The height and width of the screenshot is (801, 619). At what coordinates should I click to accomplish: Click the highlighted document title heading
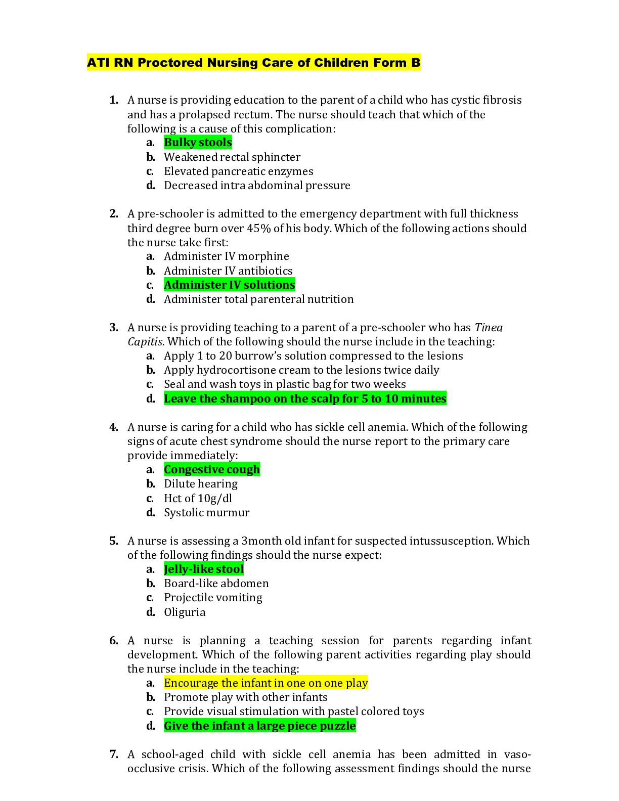coord(253,63)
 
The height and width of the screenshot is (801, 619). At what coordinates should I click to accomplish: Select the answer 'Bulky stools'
coord(198,143)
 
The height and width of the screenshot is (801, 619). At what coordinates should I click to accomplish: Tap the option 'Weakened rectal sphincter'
coord(232,157)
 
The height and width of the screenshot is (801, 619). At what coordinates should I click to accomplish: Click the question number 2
coord(114,213)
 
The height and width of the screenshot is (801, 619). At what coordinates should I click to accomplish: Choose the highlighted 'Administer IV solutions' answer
coord(229,285)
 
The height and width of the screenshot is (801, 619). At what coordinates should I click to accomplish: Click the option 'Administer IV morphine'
coord(226,256)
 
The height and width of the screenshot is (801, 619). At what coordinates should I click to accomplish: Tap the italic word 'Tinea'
coord(488,328)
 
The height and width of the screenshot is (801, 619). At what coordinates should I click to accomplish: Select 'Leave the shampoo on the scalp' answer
coord(305,399)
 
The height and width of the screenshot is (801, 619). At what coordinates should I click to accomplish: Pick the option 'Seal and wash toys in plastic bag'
coord(284,384)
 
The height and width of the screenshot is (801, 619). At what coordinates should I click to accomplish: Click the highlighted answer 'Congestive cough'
coord(211,470)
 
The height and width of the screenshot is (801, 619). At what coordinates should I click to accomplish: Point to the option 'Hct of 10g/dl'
coord(198,499)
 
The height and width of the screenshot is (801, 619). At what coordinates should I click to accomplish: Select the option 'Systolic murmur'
coord(206,513)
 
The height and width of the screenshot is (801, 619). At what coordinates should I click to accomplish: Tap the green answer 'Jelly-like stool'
coord(203,569)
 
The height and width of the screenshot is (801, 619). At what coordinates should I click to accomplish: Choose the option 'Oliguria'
coord(184,612)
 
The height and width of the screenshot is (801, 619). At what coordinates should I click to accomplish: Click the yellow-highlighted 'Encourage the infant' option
coord(266,683)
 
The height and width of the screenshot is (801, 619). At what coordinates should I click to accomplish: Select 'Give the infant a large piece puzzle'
coord(259,726)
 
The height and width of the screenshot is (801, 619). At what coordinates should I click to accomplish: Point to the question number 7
coord(114,754)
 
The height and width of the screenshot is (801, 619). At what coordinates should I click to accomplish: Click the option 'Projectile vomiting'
coord(213,598)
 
